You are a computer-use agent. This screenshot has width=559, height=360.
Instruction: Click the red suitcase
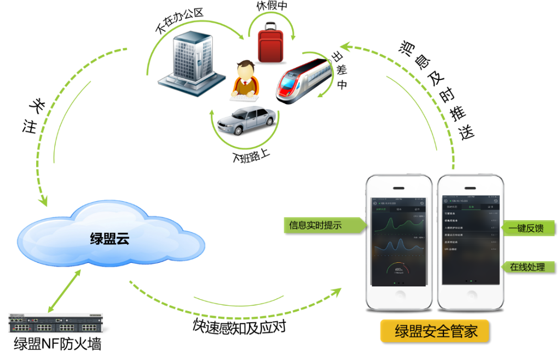[271, 46]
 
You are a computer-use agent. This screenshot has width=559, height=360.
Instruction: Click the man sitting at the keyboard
[244, 81]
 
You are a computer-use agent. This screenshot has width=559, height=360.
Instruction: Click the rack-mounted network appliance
[56, 323]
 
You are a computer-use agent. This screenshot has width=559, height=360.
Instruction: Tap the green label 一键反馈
[527, 229]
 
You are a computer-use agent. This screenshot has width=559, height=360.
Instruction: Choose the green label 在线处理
[527, 267]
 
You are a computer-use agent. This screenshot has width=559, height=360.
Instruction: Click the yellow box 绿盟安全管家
[434, 331]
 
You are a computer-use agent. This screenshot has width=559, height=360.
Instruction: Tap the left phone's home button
[399, 297]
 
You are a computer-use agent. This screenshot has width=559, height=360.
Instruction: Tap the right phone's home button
[471, 297]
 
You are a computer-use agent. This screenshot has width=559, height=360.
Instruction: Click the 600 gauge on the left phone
[399, 269]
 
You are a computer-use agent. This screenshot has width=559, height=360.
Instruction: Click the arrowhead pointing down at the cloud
[43, 201]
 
